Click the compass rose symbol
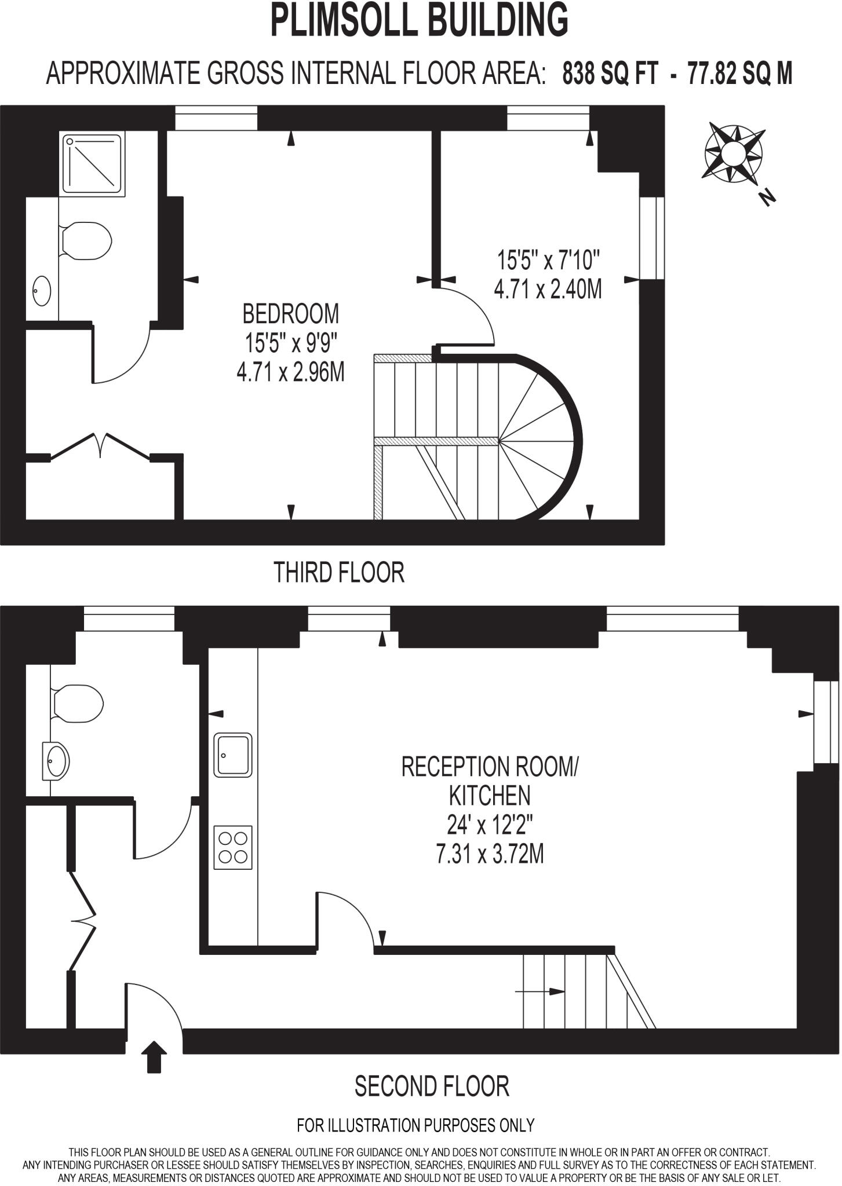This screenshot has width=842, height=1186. pyautogui.click(x=732, y=153)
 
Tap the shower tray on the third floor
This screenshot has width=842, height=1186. pyautogui.click(x=93, y=163)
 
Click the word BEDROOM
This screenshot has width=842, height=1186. pyautogui.click(x=290, y=314)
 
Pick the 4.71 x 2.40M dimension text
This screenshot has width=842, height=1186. pyautogui.click(x=547, y=288)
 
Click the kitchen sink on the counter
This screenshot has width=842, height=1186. pyautogui.click(x=233, y=755)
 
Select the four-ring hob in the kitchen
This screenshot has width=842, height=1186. pyautogui.click(x=233, y=847)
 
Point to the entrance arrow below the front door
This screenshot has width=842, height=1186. pyautogui.click(x=154, y=1057)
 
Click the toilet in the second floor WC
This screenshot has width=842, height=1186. pyautogui.click(x=78, y=704)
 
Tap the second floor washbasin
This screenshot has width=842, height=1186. pyautogui.click(x=56, y=760)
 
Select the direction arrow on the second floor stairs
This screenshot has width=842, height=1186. pyautogui.click(x=540, y=991)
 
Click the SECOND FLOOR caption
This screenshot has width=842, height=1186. pyautogui.click(x=432, y=1086)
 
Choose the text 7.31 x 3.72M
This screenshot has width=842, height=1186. pyautogui.click(x=490, y=854)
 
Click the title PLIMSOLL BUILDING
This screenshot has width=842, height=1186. pyautogui.click(x=420, y=20)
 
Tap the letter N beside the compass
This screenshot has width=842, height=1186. pyautogui.click(x=768, y=197)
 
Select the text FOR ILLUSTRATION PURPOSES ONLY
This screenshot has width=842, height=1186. pyautogui.click(x=415, y=1125)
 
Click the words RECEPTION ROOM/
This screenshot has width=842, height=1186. pyautogui.click(x=490, y=767)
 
